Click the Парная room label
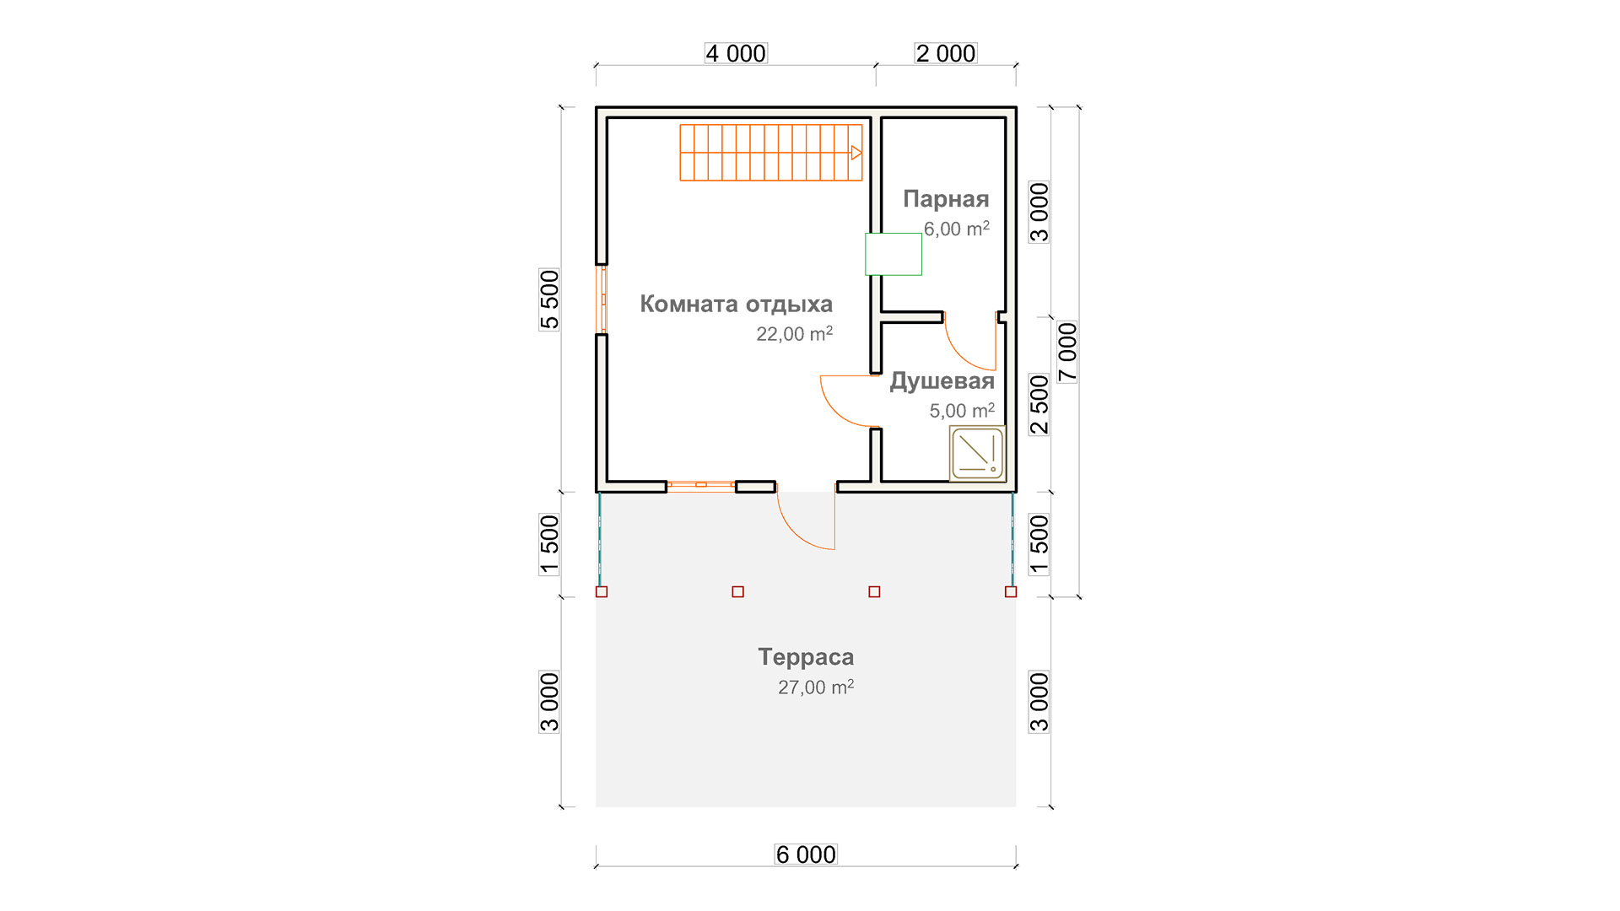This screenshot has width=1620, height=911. (x=946, y=200)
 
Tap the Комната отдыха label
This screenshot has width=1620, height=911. (x=736, y=305)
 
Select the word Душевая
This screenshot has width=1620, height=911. (x=942, y=381)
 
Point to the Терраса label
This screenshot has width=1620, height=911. (x=806, y=657)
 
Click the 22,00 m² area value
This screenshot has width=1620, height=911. (x=794, y=334)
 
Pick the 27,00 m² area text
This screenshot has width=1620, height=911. (x=816, y=687)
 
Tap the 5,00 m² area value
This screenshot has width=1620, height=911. (x=962, y=411)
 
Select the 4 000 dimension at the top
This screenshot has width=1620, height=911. (x=736, y=53)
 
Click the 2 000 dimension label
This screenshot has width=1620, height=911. (x=946, y=53)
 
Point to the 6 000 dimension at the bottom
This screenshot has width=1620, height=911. (x=806, y=854)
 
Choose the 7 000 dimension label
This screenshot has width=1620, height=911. (x=1067, y=353)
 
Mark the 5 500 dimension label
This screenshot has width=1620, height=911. (x=549, y=299)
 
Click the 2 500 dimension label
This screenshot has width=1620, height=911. (x=1039, y=405)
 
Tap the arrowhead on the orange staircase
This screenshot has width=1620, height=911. (x=856, y=153)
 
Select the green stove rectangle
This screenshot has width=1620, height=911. (x=894, y=254)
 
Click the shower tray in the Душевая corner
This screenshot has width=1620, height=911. (x=978, y=454)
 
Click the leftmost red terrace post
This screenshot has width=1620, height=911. (x=602, y=592)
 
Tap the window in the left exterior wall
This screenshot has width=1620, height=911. (x=602, y=299)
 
